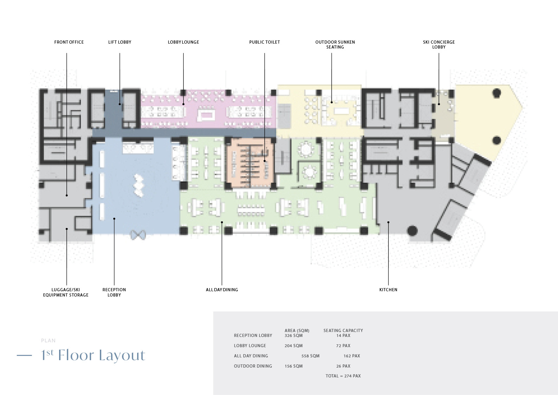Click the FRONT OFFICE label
69,42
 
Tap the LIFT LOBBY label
120,42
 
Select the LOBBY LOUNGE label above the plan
183,42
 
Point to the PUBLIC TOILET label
264,42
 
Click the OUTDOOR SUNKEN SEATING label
335,45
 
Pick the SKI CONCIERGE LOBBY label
439,45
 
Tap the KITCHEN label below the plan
388,289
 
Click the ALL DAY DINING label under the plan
222,289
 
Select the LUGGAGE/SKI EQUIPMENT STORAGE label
66,292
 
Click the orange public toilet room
250,163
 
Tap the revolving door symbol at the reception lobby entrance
138,235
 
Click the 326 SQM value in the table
294,336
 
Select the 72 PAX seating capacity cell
343,346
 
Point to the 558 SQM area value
310,356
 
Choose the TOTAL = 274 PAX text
343,376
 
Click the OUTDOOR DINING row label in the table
253,366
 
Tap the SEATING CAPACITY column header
343,330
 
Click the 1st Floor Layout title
93,355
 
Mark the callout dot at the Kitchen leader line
388,222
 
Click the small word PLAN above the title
48,340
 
